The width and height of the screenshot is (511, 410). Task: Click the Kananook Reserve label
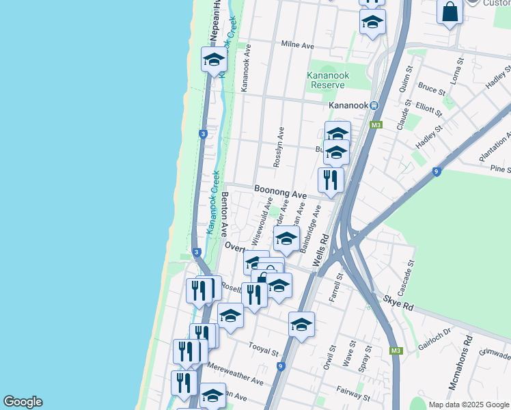pyautogui.click(x=327, y=79)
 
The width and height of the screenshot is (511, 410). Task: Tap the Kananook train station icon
pyautogui.click(x=374, y=105)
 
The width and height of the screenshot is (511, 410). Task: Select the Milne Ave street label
pyautogui.click(x=297, y=45)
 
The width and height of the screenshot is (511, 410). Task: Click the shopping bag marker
pyautogui.click(x=450, y=12)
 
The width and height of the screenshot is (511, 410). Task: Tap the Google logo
pyautogui.click(x=23, y=402)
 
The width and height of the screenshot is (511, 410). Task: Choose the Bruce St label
pyautogui.click(x=432, y=90)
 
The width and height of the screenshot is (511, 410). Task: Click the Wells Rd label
pyautogui.click(x=320, y=251)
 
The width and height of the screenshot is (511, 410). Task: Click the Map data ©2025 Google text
pyautogui.click(x=468, y=405)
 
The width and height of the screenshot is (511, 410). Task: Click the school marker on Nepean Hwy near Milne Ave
pyautogui.click(x=214, y=59)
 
